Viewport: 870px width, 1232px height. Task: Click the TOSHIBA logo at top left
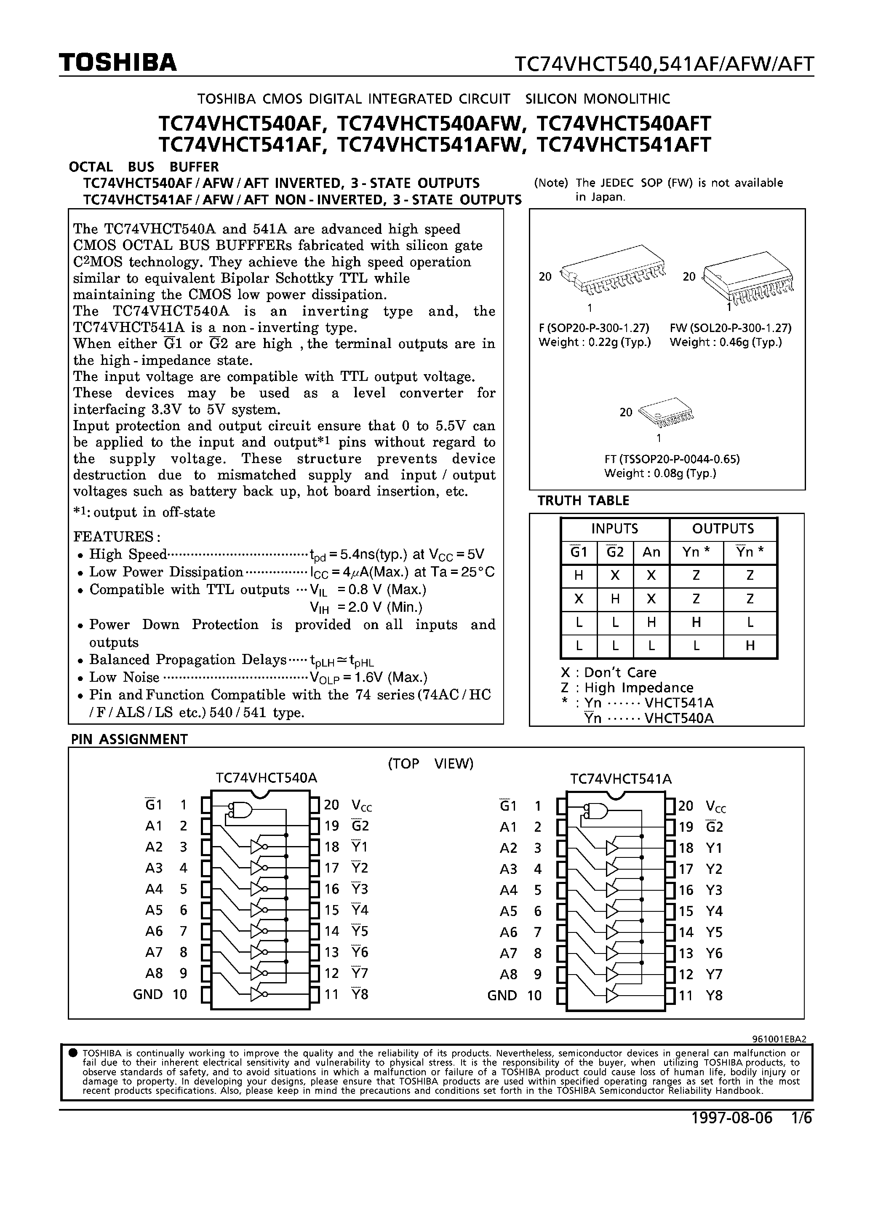click(117, 63)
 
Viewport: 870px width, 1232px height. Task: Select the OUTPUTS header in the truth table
click(723, 529)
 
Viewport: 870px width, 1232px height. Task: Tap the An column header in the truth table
click(651, 552)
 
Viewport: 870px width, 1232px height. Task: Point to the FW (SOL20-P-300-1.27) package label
click(730, 328)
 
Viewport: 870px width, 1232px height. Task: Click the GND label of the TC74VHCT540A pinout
click(147, 994)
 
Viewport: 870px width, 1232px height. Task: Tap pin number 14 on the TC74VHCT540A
click(331, 931)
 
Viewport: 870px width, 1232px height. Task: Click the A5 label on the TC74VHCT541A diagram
click(508, 911)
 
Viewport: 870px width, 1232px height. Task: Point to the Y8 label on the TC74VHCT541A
click(714, 995)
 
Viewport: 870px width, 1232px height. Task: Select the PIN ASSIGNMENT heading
click(129, 739)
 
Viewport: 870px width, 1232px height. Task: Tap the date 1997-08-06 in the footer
click(731, 1118)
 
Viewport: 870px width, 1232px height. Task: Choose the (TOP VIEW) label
click(430, 763)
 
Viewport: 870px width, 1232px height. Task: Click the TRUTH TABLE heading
click(583, 501)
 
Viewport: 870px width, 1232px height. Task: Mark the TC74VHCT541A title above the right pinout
click(621, 779)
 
